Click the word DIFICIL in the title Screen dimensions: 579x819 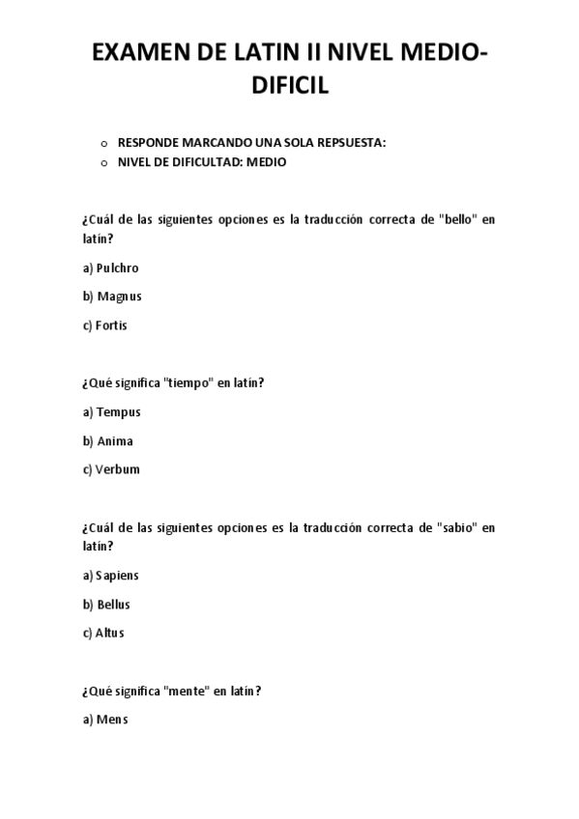click(x=290, y=86)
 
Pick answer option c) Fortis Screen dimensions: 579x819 click(x=104, y=325)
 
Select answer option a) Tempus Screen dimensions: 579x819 click(x=111, y=412)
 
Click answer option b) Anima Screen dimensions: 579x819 click(x=107, y=441)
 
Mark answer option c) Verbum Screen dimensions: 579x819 click(x=111, y=470)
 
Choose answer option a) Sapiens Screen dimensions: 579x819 click(x=110, y=576)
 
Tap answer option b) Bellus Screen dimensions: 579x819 click(x=106, y=605)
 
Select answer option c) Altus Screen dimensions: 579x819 click(x=103, y=634)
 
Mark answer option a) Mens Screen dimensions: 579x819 click(x=105, y=720)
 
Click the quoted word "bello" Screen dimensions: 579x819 click(x=456, y=220)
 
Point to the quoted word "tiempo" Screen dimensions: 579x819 click(x=189, y=383)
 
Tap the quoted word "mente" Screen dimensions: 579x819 click(x=188, y=692)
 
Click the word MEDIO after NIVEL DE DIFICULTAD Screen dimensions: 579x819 click(x=266, y=162)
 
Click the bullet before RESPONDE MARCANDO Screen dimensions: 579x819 click(x=103, y=144)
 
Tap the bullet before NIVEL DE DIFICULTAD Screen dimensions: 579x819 click(x=103, y=163)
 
